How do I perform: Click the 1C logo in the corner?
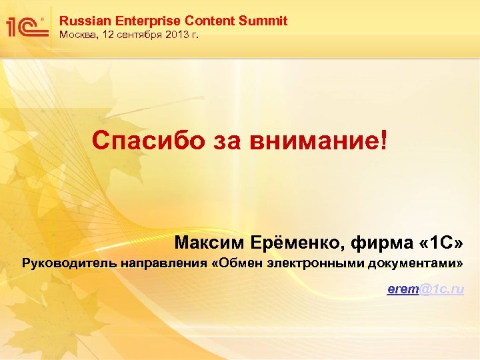25,26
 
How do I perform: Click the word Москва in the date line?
77,35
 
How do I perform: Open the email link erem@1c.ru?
425,289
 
